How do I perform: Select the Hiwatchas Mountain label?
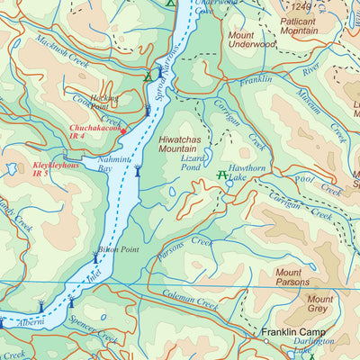tap(184, 146)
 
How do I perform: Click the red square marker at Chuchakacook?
tap(123, 130)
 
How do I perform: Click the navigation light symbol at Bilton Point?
tap(95, 258)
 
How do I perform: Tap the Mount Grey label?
tap(319, 305)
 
